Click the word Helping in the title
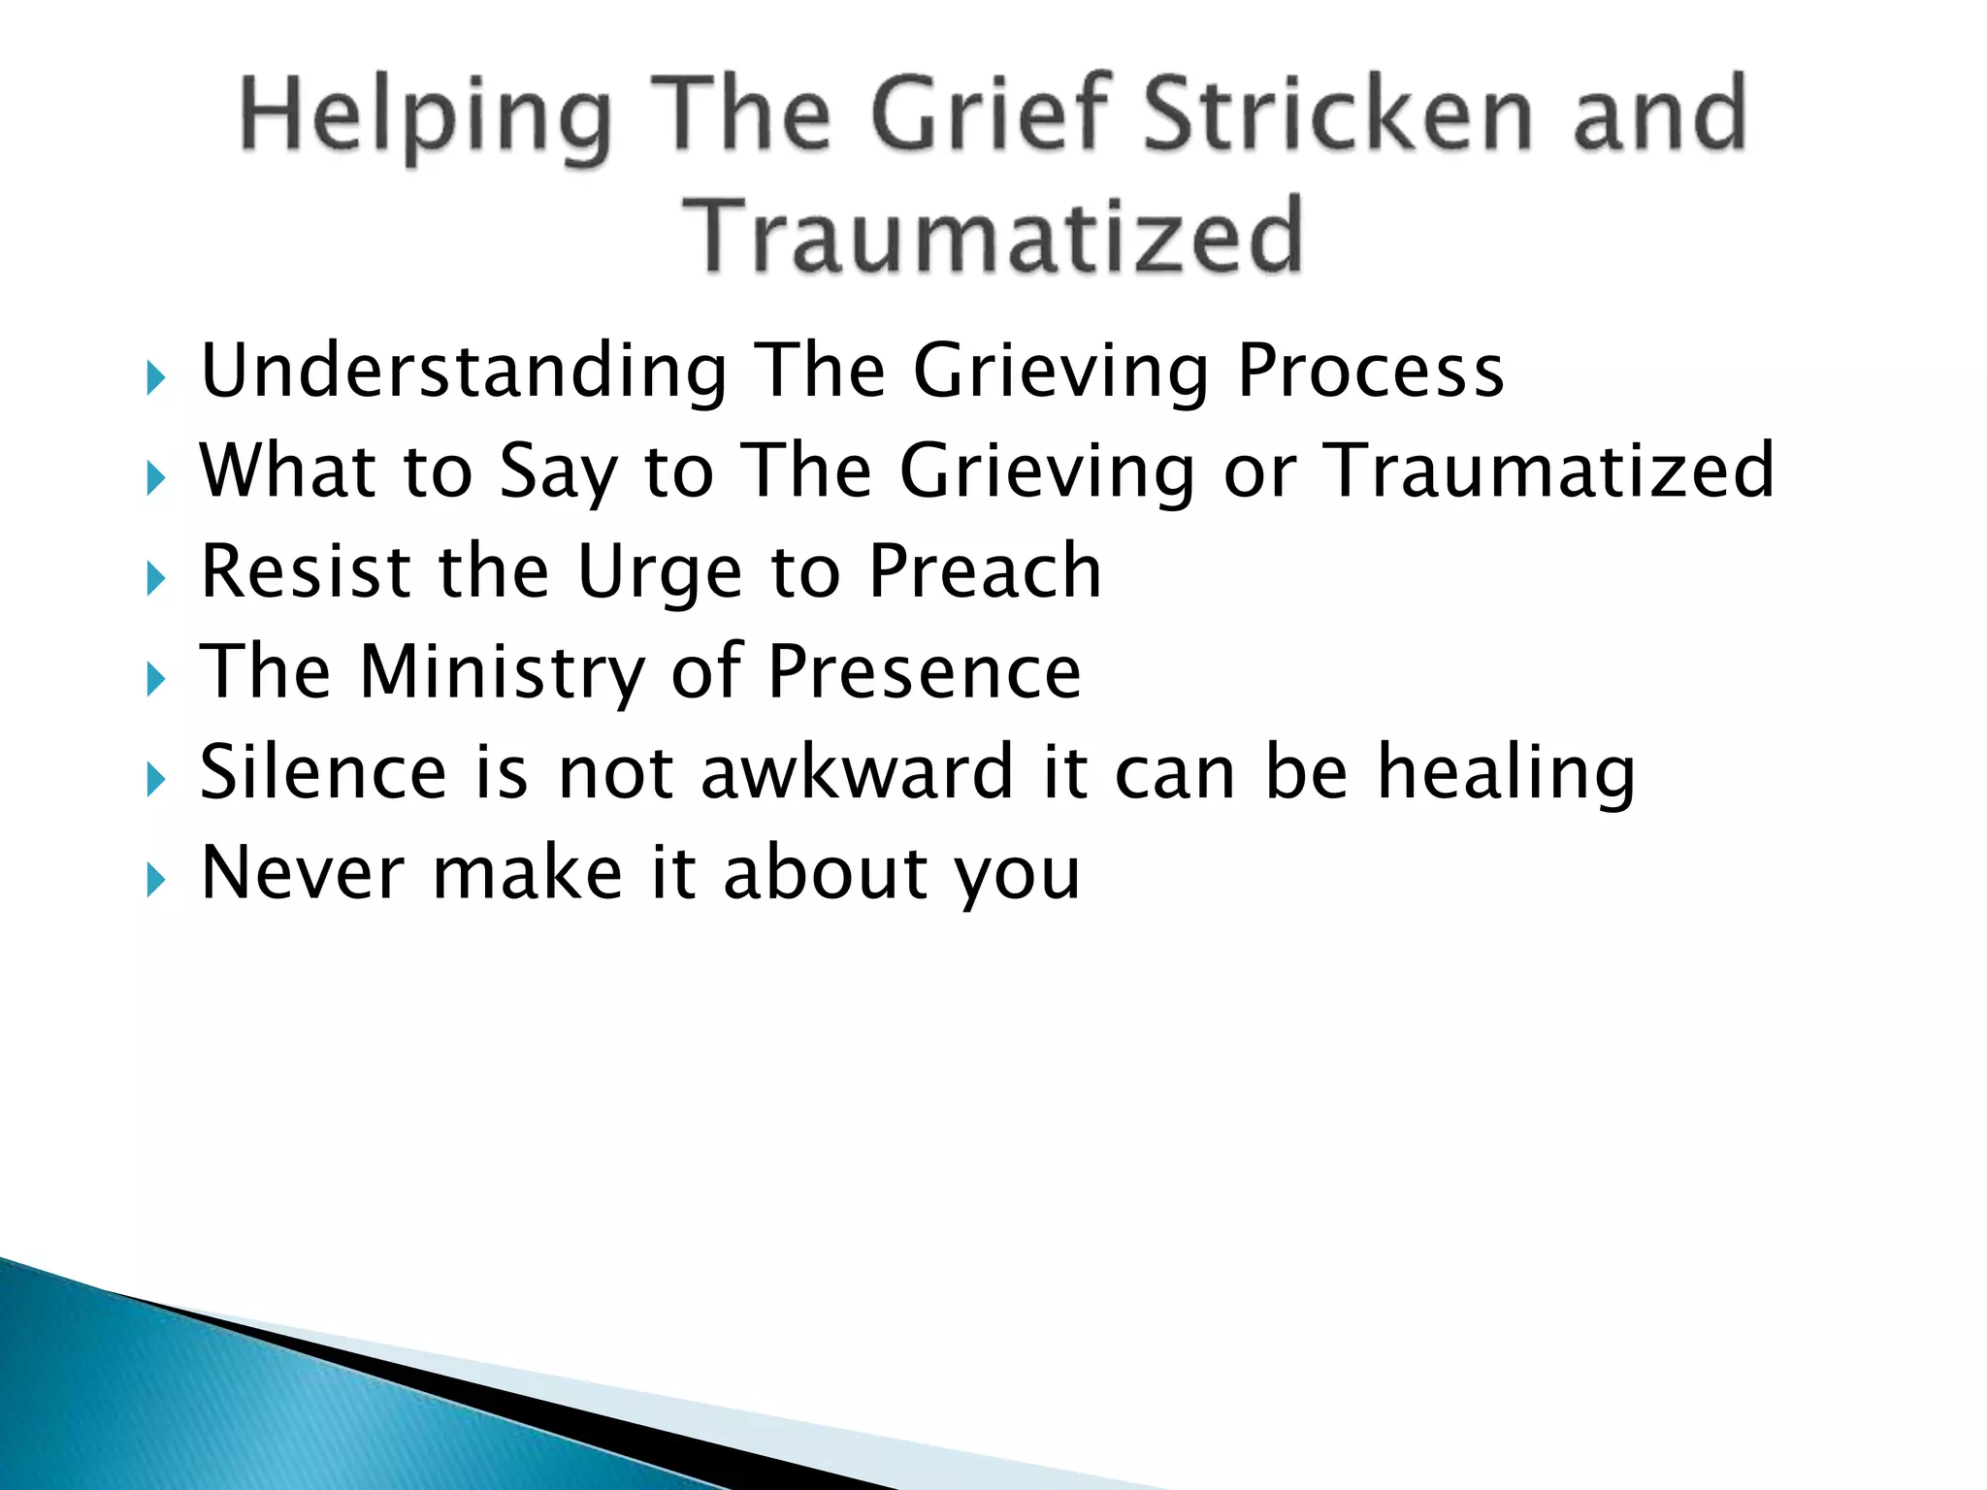(x=425, y=118)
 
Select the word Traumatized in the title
(x=992, y=236)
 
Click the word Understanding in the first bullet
(x=464, y=372)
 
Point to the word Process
(x=1371, y=372)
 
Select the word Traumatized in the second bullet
(x=1548, y=470)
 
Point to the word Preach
(x=985, y=571)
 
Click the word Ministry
(x=503, y=672)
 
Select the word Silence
(x=323, y=772)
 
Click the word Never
(x=302, y=873)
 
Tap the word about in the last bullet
(x=827, y=873)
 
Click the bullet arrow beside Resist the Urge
(x=156, y=579)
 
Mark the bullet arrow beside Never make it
(x=156, y=881)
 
